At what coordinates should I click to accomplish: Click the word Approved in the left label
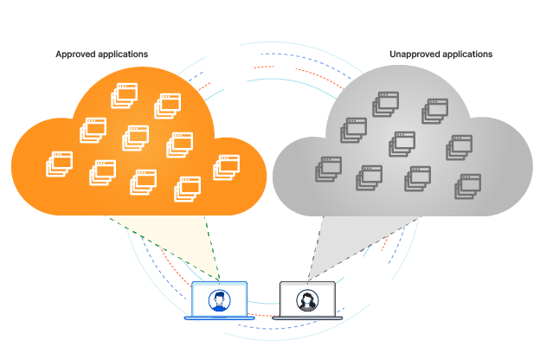[x=75, y=55]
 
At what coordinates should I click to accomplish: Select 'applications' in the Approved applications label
[x=123, y=55]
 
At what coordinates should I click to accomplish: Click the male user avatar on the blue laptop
[x=220, y=300]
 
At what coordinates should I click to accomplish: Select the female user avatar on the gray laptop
[x=307, y=300]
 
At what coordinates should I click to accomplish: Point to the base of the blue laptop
[x=220, y=318]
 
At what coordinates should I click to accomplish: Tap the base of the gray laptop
[x=307, y=318]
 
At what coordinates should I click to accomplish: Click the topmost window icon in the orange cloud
[x=125, y=95]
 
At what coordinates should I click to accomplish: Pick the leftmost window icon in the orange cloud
[x=59, y=164]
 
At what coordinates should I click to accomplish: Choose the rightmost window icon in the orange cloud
[x=226, y=167]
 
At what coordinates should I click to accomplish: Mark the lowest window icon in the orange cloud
[x=187, y=190]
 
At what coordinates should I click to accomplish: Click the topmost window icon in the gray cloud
[x=386, y=104]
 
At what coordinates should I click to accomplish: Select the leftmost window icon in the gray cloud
[x=329, y=169]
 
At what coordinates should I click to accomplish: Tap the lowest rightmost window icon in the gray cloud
[x=467, y=186]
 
